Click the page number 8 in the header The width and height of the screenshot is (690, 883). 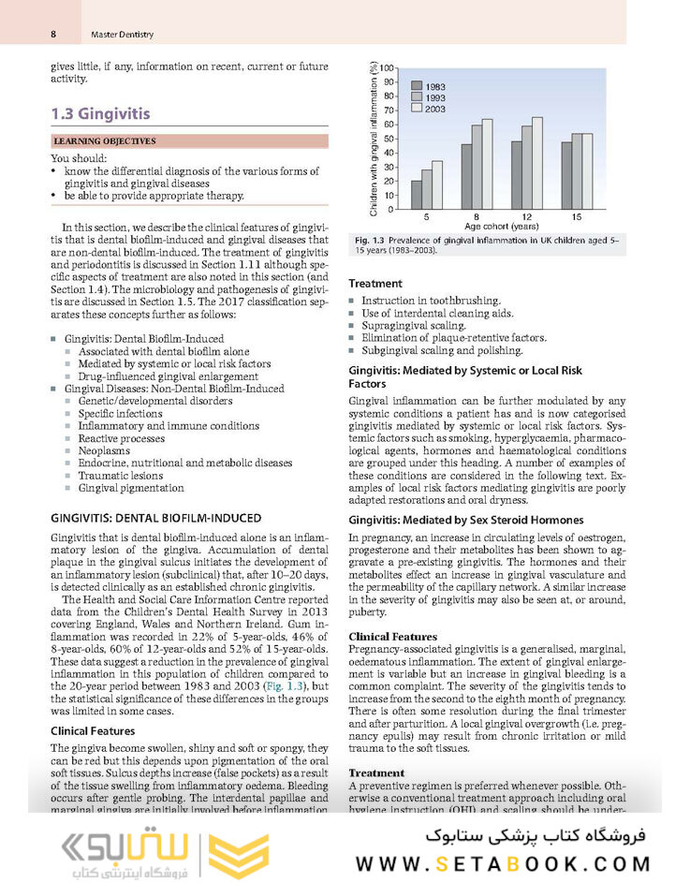pos(54,35)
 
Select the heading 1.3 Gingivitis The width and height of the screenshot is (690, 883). pos(100,114)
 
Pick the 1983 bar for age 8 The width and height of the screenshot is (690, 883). pos(466,176)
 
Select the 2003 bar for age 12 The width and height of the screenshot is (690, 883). pos(536,163)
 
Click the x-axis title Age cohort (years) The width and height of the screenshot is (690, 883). pos(501,227)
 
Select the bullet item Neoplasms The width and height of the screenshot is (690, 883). pos(104,449)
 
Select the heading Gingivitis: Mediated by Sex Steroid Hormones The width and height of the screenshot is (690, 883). pos(465,520)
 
